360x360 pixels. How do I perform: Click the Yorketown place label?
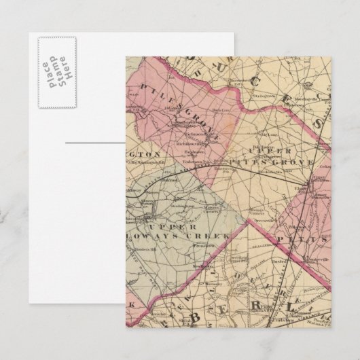(187, 162)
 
